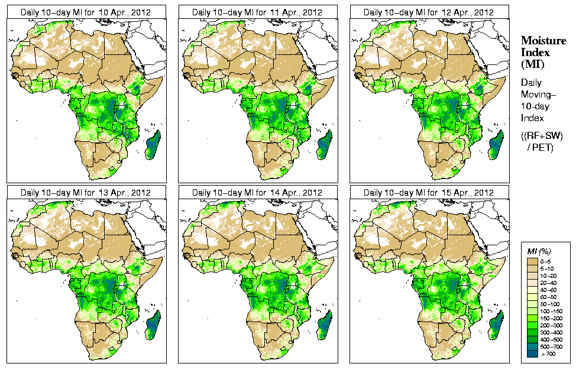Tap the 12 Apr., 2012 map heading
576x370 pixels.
[429, 12]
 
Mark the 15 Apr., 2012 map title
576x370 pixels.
[429, 193]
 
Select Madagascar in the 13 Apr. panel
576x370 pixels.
[153, 326]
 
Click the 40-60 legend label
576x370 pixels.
[554, 290]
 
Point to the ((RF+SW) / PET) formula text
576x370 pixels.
[538, 141]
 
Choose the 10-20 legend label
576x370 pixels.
[554, 275]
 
